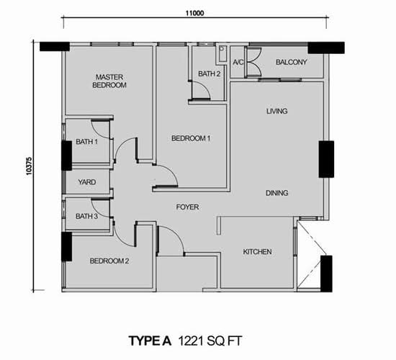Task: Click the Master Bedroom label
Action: (109, 81)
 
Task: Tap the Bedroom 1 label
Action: (191, 138)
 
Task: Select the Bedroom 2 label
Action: (109, 261)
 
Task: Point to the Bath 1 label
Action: (86, 142)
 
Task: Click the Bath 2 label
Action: (209, 73)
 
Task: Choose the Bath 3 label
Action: (86, 216)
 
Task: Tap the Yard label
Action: (87, 182)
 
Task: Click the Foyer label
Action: (187, 207)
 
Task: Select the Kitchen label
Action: (257, 251)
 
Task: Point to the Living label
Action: (276, 111)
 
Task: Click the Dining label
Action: (276, 193)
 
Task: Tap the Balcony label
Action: (291, 62)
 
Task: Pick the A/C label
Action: (238, 62)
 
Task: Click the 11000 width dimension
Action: (194, 13)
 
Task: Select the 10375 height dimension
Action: (29, 166)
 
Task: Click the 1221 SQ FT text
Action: (210, 341)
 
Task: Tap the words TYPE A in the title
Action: (150, 341)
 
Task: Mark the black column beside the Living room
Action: (326, 159)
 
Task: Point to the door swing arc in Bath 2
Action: (204, 86)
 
